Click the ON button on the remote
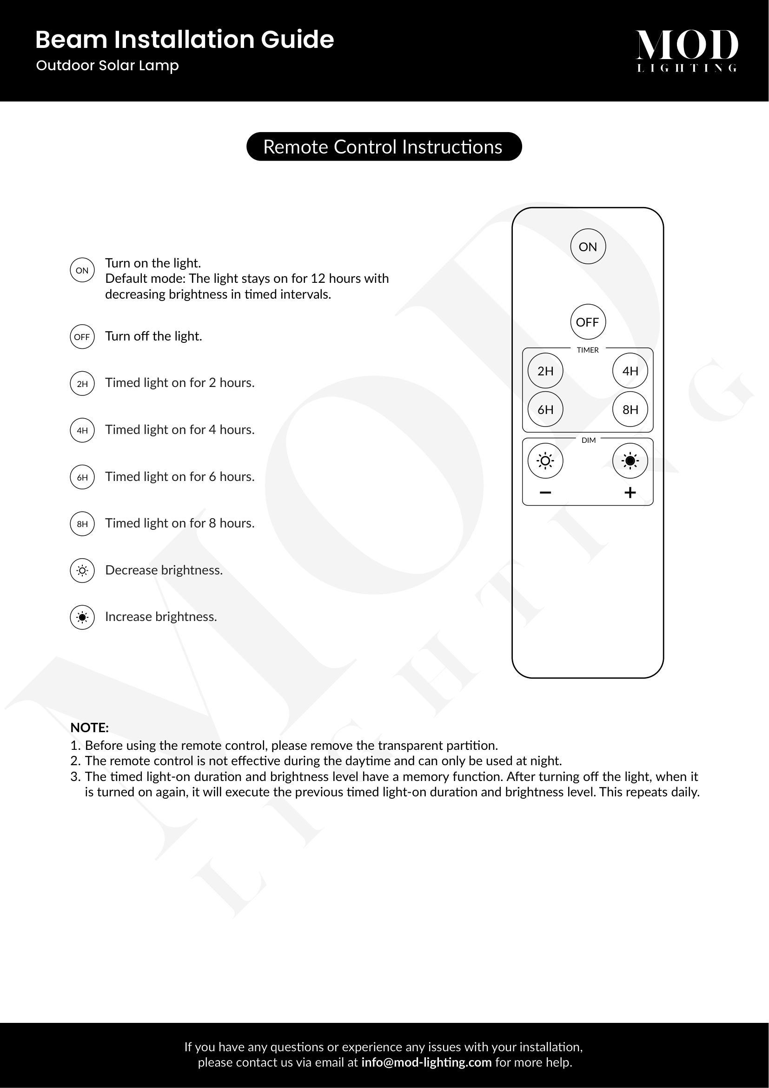coord(588,247)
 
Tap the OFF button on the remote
coord(588,322)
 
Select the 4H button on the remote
coord(630,371)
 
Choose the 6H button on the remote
coord(545,409)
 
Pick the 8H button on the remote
coord(630,409)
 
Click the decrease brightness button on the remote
coord(545,461)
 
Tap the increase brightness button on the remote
coord(630,461)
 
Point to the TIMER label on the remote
coord(588,350)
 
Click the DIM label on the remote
coord(589,440)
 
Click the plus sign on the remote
coord(630,493)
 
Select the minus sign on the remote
coord(545,493)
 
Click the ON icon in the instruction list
coord(82,270)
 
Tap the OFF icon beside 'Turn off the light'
coord(82,337)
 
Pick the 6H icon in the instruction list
coord(82,477)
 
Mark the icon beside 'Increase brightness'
coord(82,617)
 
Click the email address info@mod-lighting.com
coord(426,1062)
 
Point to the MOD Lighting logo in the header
coord(687,50)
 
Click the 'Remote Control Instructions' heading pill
coord(384,147)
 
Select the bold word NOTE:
coord(89,728)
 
